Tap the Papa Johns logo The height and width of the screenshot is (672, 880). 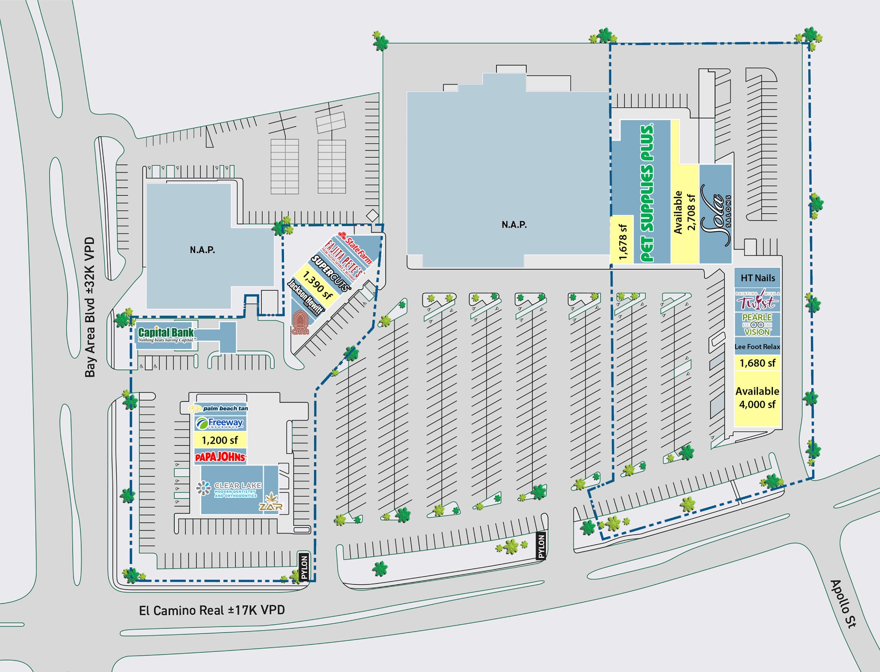(220, 457)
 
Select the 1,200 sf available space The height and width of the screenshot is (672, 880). (220, 440)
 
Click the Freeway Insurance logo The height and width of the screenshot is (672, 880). (220, 423)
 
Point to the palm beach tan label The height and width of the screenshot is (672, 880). (219, 408)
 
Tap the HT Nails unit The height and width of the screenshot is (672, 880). (758, 278)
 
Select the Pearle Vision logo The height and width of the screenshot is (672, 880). (757, 325)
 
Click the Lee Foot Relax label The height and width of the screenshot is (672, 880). (757, 347)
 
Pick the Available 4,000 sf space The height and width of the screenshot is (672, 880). (757, 398)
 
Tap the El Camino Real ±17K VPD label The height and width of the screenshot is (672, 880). (211, 610)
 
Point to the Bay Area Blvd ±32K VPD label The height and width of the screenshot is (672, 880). (90, 307)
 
